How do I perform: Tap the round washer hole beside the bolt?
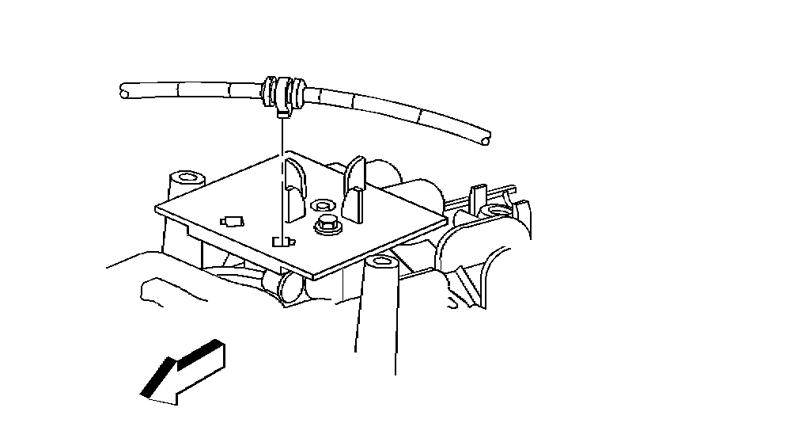(x=321, y=204)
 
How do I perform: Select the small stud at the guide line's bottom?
(x=282, y=241)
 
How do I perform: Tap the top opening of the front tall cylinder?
(x=382, y=261)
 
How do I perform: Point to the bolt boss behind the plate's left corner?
(x=187, y=176)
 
